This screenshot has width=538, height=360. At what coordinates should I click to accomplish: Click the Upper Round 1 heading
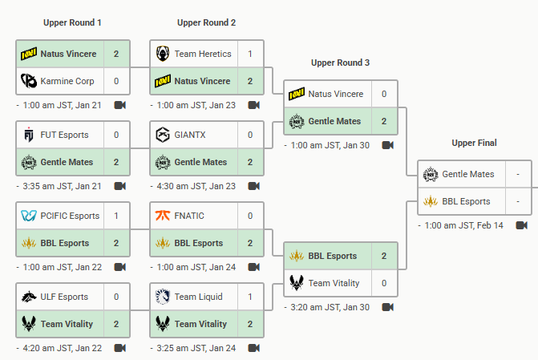click(x=71, y=22)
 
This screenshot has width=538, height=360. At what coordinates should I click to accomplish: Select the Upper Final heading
click(x=475, y=143)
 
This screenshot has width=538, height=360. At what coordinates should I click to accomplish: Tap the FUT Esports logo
click(x=28, y=135)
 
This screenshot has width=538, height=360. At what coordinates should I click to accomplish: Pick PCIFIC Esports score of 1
click(x=116, y=216)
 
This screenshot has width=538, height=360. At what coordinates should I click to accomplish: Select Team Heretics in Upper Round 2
click(x=203, y=54)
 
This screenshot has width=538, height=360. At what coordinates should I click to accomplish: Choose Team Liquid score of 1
click(x=250, y=297)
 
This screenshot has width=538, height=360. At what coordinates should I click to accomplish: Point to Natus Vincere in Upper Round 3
click(x=335, y=94)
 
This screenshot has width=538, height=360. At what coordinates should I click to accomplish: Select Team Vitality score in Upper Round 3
click(x=384, y=283)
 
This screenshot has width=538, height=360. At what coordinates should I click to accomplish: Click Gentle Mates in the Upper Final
click(x=468, y=174)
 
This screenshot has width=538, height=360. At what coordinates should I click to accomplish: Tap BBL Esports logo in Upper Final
click(x=430, y=201)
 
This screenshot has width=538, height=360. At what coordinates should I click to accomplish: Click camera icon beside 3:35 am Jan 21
click(x=120, y=186)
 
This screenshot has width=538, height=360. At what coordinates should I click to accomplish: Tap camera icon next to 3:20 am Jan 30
click(x=388, y=307)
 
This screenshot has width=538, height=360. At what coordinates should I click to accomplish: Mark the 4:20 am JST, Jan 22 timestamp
click(x=59, y=348)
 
